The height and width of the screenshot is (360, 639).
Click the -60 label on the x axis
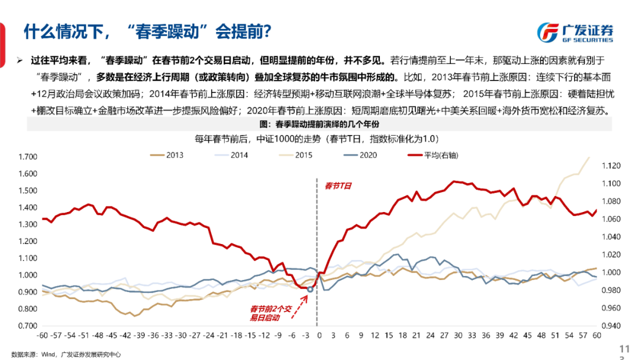coord(42,336)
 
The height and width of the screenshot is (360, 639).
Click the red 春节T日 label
coord(338,186)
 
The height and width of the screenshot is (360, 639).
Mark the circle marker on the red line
coord(310,290)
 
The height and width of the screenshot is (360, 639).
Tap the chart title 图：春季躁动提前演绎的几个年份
coord(319,124)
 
